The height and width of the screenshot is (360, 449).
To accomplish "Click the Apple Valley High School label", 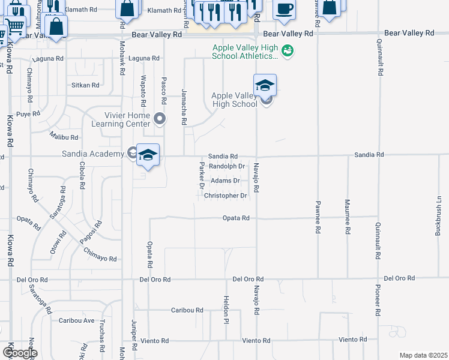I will [234, 100].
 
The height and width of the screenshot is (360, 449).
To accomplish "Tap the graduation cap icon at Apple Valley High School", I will [265, 86].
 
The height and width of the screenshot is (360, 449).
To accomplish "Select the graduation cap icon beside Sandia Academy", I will [148, 156].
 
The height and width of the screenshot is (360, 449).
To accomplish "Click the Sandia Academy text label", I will [93, 154].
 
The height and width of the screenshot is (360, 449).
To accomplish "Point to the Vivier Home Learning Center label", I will [120, 119].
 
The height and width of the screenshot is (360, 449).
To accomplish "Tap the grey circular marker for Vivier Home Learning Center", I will [159, 119].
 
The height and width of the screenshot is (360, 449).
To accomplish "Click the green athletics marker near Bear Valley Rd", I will [288, 52].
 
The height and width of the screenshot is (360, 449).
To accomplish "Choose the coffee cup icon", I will [285, 10].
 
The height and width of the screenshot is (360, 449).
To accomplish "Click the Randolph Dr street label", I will [227, 166].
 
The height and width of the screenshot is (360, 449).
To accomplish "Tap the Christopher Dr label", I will [226, 196].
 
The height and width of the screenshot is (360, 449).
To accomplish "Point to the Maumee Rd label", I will [347, 214].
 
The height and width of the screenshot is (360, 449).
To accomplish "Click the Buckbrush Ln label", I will [439, 215].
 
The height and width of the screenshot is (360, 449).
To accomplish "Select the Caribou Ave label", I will [77, 320].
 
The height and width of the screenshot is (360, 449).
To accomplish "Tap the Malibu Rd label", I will [64, 137].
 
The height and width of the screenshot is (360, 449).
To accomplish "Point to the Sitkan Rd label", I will [85, 85].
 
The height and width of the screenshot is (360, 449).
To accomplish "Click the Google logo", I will [19, 353].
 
